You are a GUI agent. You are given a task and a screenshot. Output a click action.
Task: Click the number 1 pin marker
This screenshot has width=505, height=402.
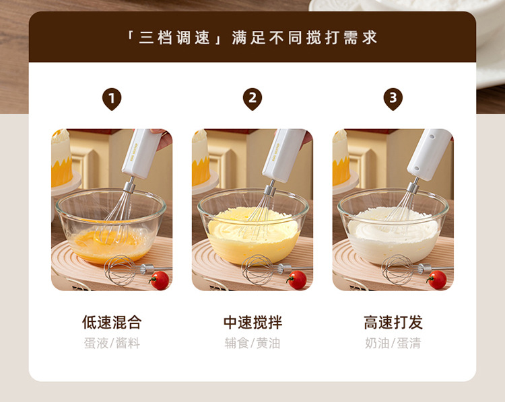pos(112,99)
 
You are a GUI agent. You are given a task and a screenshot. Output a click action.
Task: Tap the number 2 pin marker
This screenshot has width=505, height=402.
pos(252,99)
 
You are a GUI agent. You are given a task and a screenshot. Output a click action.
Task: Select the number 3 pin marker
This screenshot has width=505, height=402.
pos(393,99)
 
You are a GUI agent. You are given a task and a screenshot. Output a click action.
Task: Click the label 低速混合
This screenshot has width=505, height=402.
pos(112,322)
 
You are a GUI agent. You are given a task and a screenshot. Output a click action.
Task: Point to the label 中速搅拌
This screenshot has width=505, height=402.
pos(252,322)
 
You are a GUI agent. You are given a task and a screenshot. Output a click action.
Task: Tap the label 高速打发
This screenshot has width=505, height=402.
pos(393,322)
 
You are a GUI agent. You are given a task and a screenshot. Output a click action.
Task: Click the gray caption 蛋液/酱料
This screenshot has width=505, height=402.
pos(112,343)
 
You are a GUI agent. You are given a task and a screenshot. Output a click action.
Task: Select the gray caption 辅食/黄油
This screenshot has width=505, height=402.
pos(252,343)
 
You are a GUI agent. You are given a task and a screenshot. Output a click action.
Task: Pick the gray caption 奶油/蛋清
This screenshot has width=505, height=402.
pos(393,343)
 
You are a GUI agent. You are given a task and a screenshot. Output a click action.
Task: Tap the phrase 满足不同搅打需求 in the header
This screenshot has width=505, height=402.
pos(304,38)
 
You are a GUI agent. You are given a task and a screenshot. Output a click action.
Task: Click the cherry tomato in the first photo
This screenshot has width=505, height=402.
pos(160,280)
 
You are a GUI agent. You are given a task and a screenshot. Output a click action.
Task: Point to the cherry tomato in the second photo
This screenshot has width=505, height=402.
pos(297,280)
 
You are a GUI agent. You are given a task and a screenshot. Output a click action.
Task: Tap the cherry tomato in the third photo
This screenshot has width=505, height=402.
pos(437,280)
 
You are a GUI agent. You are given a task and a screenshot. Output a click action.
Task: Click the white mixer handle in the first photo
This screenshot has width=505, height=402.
pos(141,154)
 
